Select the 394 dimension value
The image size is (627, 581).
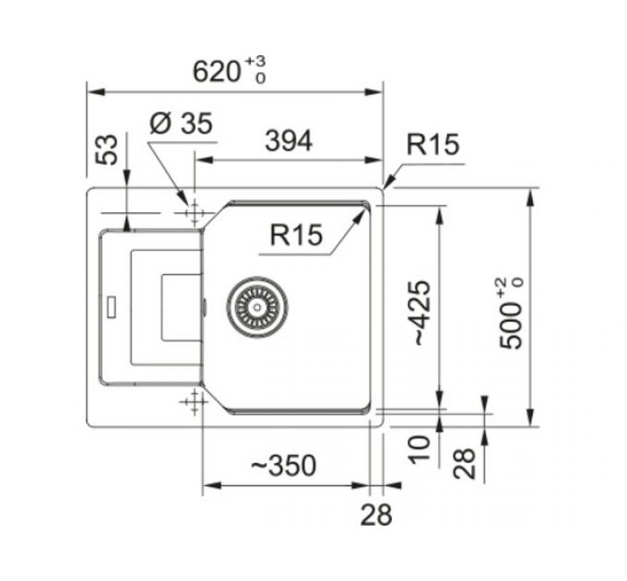tap(288, 141)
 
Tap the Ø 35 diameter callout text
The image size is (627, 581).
tap(180, 125)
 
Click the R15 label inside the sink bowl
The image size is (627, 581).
tap(296, 235)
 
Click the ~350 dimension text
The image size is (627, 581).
tap(282, 467)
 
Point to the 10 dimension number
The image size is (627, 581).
tap(421, 449)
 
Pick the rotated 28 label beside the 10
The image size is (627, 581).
tap(466, 462)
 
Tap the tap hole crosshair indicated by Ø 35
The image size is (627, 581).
tap(194, 213)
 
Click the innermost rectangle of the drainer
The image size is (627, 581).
tap(181, 305)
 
